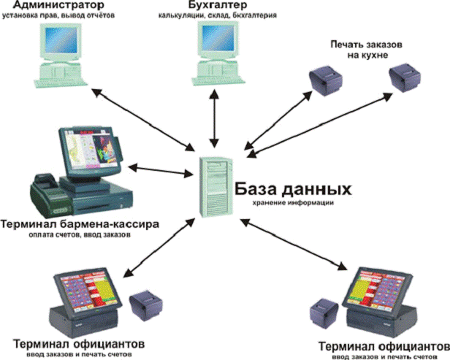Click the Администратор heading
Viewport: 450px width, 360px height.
(58, 5)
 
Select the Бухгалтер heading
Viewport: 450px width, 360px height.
(218, 5)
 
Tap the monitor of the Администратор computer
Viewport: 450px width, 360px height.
(60, 42)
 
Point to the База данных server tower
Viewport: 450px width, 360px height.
(216, 187)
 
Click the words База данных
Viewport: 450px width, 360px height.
(293, 189)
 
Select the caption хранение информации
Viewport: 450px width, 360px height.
(293, 203)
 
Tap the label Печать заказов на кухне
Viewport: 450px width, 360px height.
(367, 50)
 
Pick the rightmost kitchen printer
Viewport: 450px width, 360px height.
(405, 77)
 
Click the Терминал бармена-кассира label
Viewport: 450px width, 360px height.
(80, 223)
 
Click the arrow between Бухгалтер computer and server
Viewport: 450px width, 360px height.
(214, 118)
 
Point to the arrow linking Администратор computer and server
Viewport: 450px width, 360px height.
(143, 120)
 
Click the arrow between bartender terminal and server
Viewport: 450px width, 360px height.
(161, 170)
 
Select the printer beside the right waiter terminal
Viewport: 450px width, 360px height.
(324, 313)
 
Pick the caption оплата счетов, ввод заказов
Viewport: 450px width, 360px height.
(80, 234)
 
